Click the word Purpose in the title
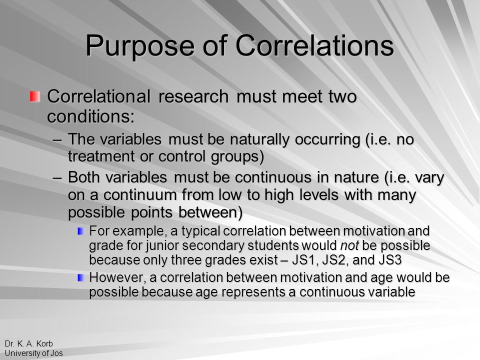(x=140, y=46)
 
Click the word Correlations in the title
(x=314, y=45)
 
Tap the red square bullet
(x=35, y=96)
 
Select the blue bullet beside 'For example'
(x=81, y=231)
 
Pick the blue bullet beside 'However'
(x=81, y=277)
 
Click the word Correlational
(x=98, y=96)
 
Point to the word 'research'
(x=193, y=96)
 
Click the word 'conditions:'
(x=91, y=116)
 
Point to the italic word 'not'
(x=349, y=245)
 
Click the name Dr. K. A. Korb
(x=29, y=343)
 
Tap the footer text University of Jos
(x=33, y=353)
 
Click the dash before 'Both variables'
(x=57, y=178)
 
